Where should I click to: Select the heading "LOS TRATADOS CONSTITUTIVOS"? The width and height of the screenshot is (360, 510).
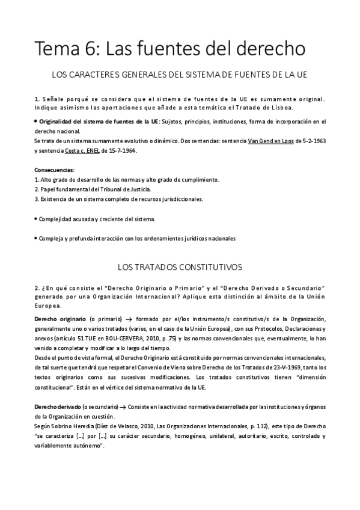coord(180,266)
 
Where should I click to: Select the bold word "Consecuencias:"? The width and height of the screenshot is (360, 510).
coord(55,170)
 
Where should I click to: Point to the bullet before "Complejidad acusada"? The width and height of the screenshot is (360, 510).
coord(36,218)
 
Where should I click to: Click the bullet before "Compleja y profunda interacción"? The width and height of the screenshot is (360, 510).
coord(36,238)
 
